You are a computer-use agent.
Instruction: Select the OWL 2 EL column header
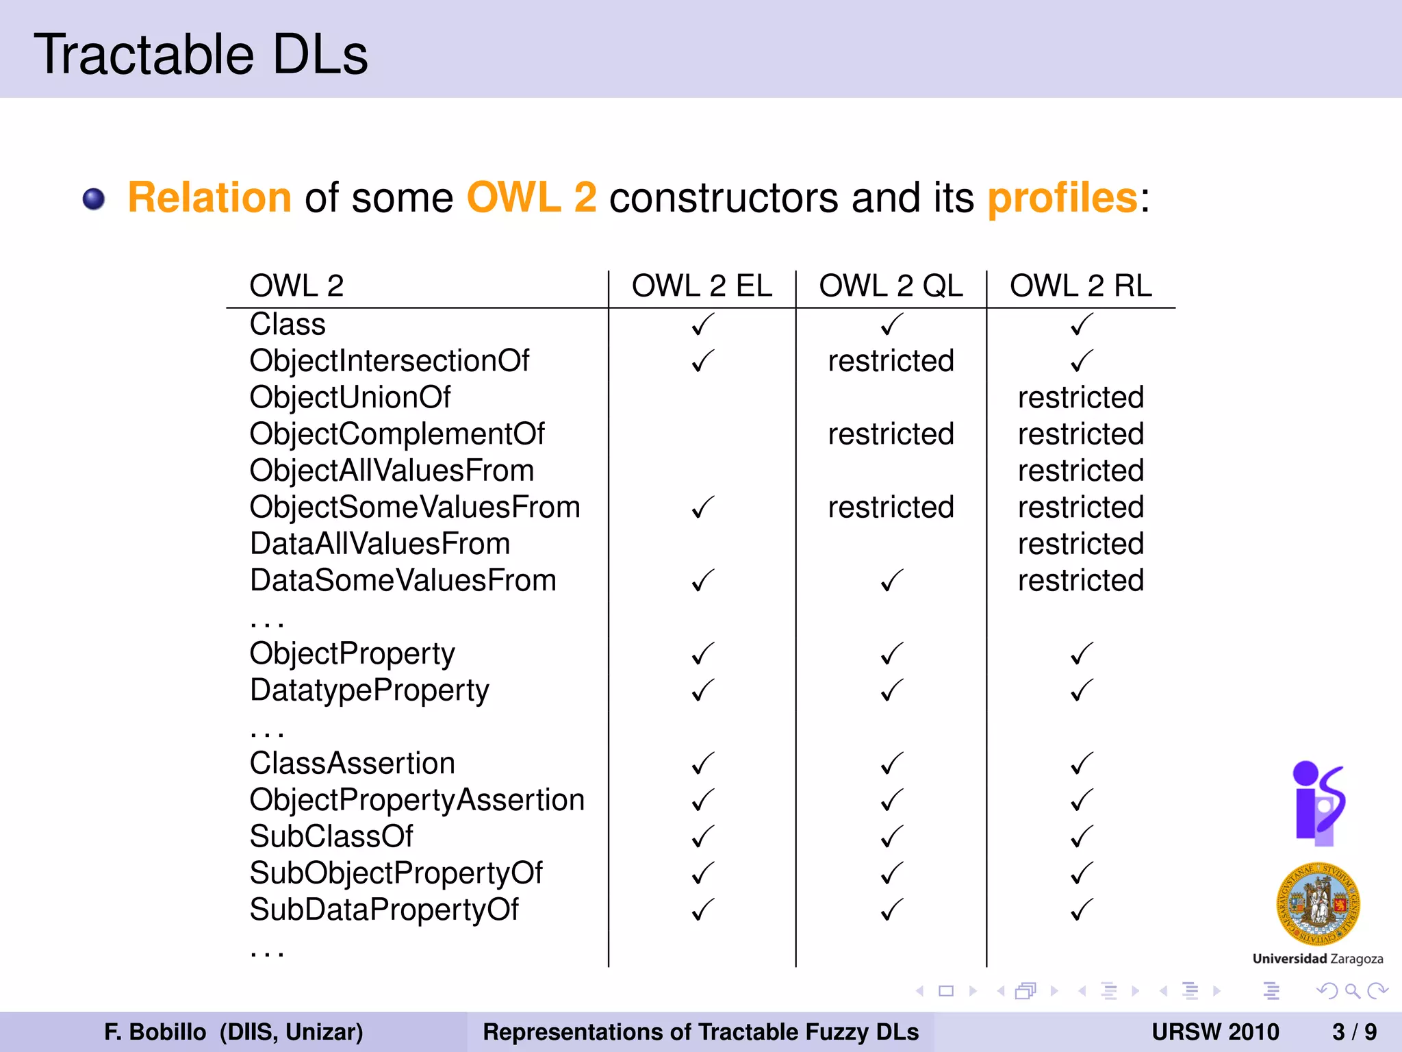click(x=702, y=286)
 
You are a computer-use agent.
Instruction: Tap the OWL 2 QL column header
click(x=891, y=286)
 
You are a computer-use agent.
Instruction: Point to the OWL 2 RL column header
click(x=1081, y=286)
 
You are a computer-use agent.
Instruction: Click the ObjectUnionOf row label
click(x=350, y=397)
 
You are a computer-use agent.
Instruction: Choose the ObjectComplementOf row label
click(x=397, y=434)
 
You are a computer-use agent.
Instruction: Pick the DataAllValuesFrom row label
click(x=380, y=544)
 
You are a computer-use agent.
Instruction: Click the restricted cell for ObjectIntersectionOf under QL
click(x=891, y=361)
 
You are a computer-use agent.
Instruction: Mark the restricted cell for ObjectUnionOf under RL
click(x=1081, y=397)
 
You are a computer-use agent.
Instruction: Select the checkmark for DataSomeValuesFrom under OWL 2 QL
click(x=891, y=581)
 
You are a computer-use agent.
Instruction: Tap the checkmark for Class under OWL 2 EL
click(x=702, y=325)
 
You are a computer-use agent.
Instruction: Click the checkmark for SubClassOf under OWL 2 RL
click(x=1081, y=837)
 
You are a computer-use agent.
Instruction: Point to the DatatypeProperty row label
click(x=370, y=690)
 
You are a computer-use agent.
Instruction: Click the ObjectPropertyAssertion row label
click(x=417, y=800)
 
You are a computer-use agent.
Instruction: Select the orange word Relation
click(x=210, y=198)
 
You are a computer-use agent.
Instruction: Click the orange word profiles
click(x=1062, y=198)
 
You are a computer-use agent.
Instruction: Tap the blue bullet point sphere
click(x=94, y=199)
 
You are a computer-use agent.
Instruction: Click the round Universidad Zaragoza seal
click(x=1318, y=905)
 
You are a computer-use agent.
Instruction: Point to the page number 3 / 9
click(x=1354, y=1031)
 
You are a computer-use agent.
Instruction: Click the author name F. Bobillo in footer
click(x=155, y=1031)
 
